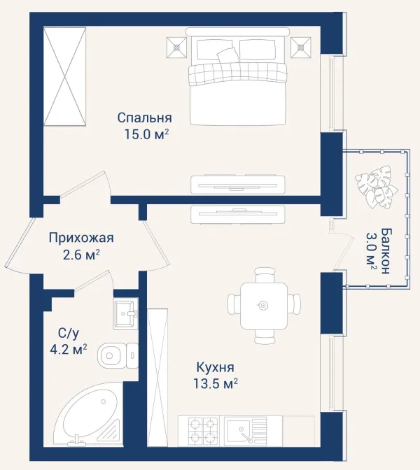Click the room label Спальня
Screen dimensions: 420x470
click(x=145, y=117)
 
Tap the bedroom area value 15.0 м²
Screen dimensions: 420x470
click(x=146, y=134)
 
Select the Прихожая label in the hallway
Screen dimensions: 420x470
click(x=81, y=238)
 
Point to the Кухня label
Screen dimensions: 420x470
click(x=216, y=367)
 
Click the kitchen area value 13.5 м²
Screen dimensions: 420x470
click(x=216, y=383)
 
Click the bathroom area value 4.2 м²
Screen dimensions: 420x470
click(x=69, y=350)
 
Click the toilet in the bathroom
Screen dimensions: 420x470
click(x=118, y=355)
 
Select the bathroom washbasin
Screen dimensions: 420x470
click(x=126, y=313)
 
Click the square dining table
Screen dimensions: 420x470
click(x=263, y=305)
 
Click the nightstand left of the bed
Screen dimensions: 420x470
click(x=177, y=47)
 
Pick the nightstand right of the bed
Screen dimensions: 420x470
click(x=300, y=47)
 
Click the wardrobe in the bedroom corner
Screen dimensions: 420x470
click(x=65, y=76)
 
